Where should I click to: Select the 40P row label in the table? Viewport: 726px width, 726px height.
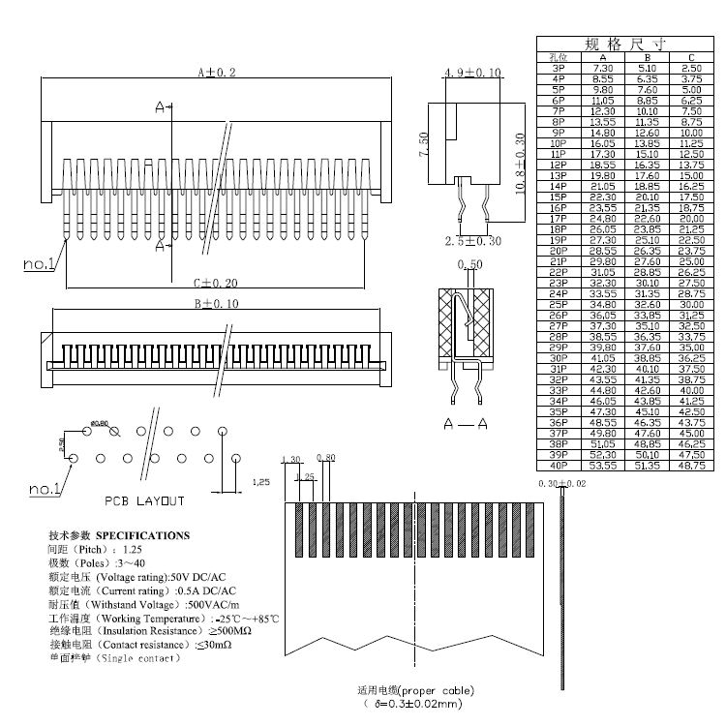click(x=558, y=466)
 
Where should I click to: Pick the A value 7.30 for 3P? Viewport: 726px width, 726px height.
click(x=602, y=69)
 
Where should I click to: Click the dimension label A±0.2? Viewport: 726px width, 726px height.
click(x=217, y=73)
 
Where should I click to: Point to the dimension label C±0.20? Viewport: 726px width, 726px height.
click(x=215, y=283)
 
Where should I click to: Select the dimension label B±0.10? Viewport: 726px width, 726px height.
click(x=216, y=304)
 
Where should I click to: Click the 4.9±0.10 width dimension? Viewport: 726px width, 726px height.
click(x=472, y=74)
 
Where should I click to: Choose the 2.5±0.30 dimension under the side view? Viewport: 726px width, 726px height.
click(x=474, y=241)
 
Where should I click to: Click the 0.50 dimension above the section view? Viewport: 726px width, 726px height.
click(x=474, y=264)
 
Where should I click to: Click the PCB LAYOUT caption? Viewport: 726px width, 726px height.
click(x=144, y=500)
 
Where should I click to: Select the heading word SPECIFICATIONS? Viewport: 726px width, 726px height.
click(x=143, y=535)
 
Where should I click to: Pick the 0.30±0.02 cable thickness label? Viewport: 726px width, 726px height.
click(x=562, y=482)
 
